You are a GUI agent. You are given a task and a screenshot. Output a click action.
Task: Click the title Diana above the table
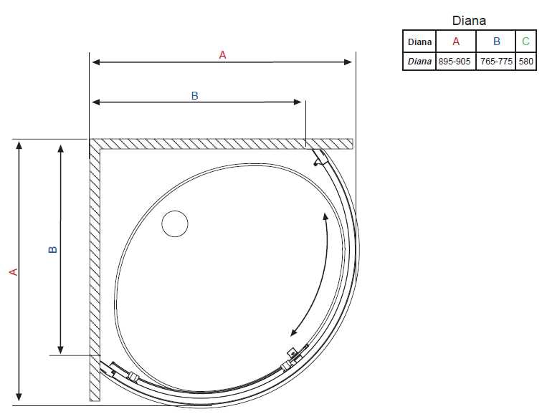[469, 21]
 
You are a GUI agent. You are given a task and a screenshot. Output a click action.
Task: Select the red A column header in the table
[456, 42]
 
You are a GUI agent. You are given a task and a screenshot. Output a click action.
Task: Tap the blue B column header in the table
[496, 42]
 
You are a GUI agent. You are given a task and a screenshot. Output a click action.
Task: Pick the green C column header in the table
[526, 42]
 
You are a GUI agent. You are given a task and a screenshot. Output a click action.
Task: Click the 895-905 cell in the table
[455, 62]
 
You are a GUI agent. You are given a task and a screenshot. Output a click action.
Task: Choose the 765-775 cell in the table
[496, 62]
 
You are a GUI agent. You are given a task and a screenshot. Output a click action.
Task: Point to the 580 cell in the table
[526, 62]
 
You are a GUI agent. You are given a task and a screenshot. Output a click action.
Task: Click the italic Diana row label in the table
[419, 62]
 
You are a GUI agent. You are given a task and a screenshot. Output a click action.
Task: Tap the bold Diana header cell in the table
[419, 42]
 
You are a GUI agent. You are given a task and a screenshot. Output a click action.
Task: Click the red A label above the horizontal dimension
[222, 55]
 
